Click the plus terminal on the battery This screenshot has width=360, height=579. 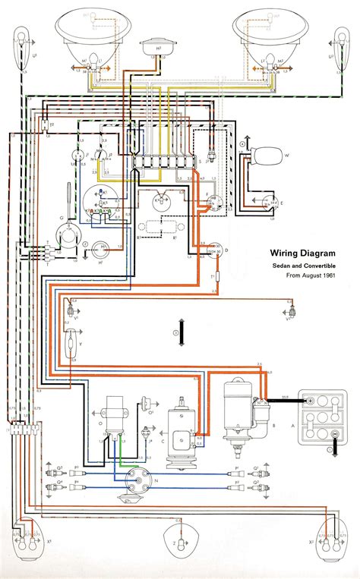point(310,398)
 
